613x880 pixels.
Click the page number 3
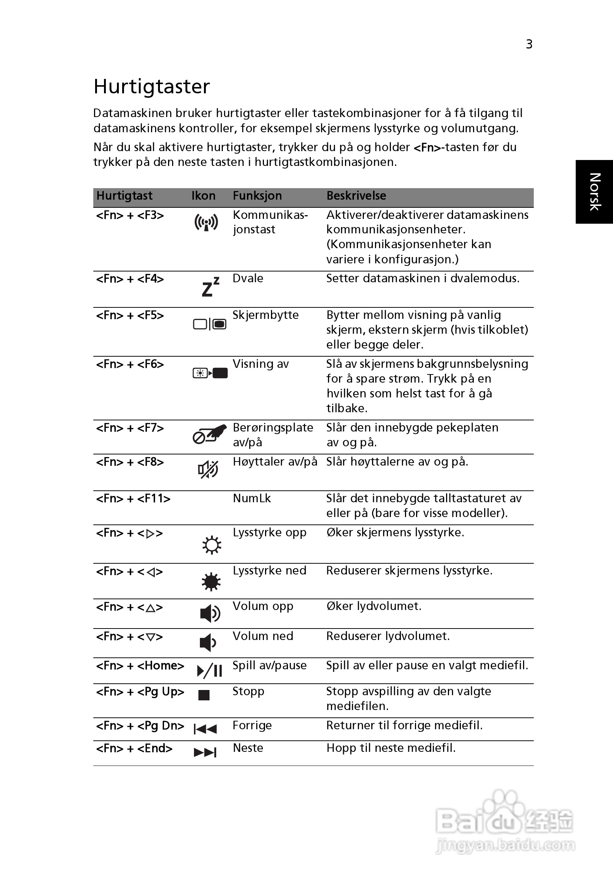[x=529, y=44]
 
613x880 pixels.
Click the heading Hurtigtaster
[x=152, y=87]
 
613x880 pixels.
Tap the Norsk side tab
[x=594, y=191]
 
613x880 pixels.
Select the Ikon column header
[x=203, y=196]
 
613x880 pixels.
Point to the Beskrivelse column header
[x=356, y=196]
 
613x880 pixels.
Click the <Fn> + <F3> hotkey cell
[x=130, y=216]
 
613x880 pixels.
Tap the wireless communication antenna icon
[x=206, y=223]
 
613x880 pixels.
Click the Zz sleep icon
[x=210, y=287]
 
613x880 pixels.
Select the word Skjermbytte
[x=265, y=315]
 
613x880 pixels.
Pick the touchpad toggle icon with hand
[x=209, y=434]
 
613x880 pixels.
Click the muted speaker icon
[x=208, y=469]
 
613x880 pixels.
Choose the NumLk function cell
[x=252, y=498]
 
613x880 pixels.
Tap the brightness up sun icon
[x=211, y=545]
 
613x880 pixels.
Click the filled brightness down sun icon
[x=211, y=582]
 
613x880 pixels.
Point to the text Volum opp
[x=263, y=606]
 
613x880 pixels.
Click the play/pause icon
[x=210, y=671]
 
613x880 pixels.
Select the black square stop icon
[x=204, y=695]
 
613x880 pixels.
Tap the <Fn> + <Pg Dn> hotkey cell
[x=140, y=726]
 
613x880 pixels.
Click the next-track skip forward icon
[x=205, y=752]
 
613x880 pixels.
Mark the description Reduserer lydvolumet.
[x=388, y=636]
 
